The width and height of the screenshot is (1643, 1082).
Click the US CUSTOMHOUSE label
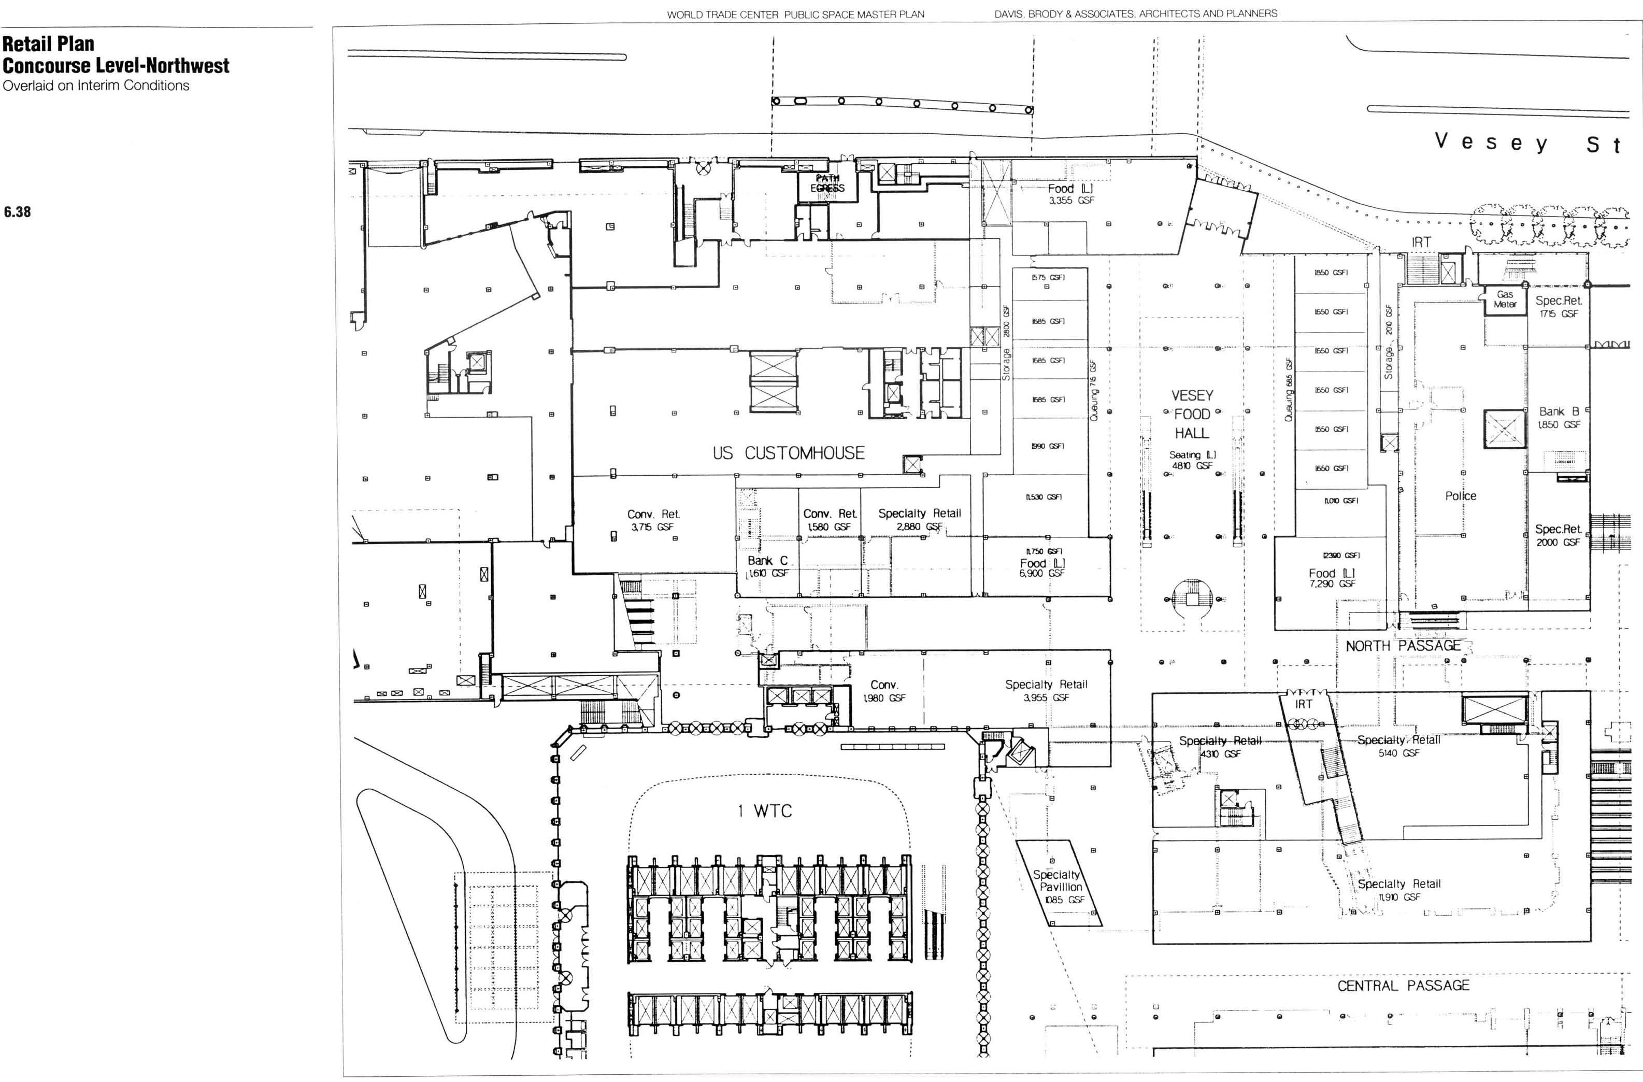click(789, 453)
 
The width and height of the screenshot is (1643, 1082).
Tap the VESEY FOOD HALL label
click(1192, 414)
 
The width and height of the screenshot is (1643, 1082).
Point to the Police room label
click(1461, 496)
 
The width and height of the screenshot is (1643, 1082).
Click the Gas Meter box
click(1505, 299)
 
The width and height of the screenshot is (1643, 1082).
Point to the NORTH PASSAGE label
click(1403, 646)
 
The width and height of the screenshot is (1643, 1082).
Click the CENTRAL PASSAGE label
click(1404, 985)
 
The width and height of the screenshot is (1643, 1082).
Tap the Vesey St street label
click(1525, 144)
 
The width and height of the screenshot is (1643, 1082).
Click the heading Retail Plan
click(48, 44)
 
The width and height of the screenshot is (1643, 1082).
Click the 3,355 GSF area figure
click(1071, 200)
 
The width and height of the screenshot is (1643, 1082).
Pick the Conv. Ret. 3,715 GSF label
click(653, 520)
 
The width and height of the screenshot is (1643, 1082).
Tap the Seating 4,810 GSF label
click(1192, 460)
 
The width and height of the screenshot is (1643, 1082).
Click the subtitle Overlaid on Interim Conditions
click(96, 86)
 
